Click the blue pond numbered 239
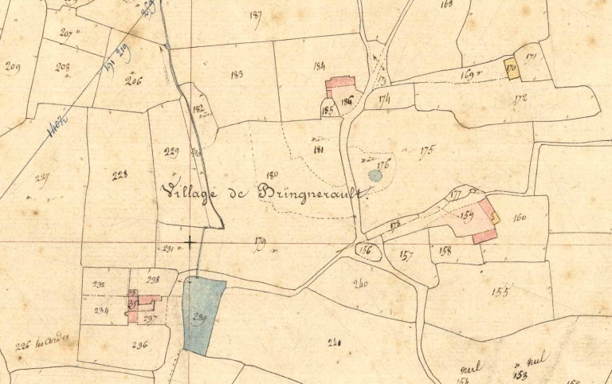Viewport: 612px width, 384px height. click(x=202, y=315)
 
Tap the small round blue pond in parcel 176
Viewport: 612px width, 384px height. click(x=375, y=174)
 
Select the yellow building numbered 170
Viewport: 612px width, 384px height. click(x=511, y=69)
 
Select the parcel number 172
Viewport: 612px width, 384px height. click(x=521, y=100)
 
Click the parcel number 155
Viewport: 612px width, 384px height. click(x=500, y=292)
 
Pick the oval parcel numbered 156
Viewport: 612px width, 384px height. click(x=367, y=251)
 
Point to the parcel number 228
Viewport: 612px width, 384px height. click(x=120, y=174)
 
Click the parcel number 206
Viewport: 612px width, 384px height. click(x=133, y=80)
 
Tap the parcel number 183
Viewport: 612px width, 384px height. click(x=236, y=75)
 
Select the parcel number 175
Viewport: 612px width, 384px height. click(x=426, y=149)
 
